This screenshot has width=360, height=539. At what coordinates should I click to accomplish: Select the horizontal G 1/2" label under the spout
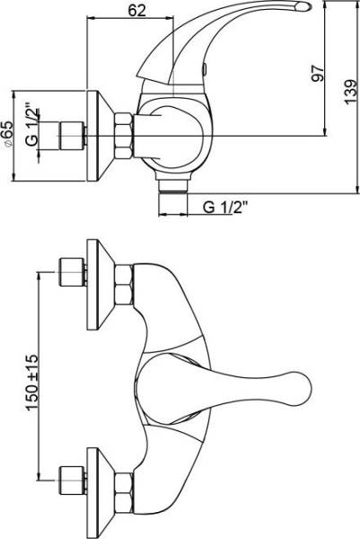click(225, 208)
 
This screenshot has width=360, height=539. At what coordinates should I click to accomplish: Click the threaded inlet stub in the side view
click(70, 137)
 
